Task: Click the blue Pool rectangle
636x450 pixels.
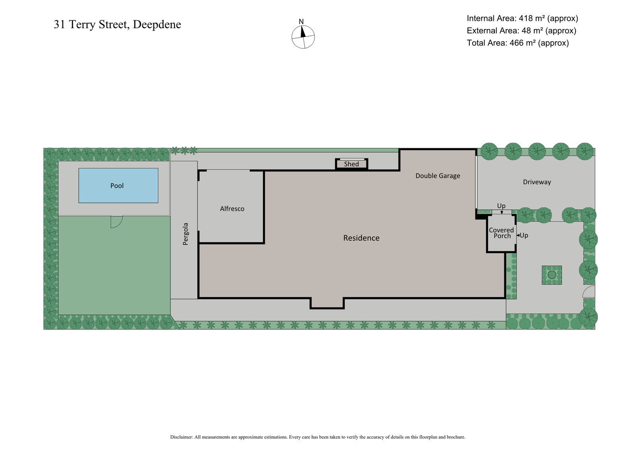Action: (x=118, y=185)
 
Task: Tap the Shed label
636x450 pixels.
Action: (x=351, y=164)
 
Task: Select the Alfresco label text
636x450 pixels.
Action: (x=232, y=208)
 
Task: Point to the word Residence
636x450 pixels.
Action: (x=361, y=238)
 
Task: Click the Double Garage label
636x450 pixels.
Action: (x=438, y=175)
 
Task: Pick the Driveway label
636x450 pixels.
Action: (x=537, y=182)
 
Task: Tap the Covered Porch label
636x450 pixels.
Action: (x=501, y=233)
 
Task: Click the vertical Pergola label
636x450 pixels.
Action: (x=186, y=234)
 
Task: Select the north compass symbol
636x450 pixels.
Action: (x=303, y=37)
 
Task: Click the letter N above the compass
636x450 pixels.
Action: (x=301, y=21)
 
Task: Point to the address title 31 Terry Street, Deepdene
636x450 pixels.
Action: (x=117, y=25)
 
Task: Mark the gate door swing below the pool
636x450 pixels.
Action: (x=116, y=221)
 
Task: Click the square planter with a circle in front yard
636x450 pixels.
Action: (x=552, y=275)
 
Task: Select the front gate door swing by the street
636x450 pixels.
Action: (x=589, y=292)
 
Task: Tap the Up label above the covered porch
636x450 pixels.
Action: (x=501, y=206)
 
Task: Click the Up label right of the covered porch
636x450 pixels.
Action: (x=524, y=235)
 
